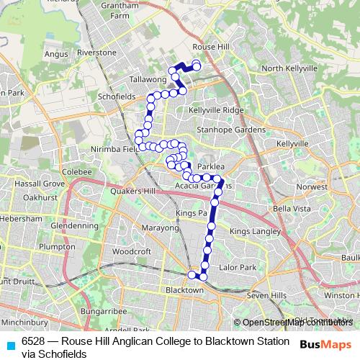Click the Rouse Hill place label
pyautogui.click(x=210, y=46)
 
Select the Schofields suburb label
pyautogui.click(x=116, y=95)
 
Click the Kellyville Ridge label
pyautogui.click(x=217, y=109)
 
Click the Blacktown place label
pyautogui.click(x=184, y=289)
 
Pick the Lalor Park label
pyautogui.click(x=238, y=267)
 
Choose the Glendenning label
pyautogui.click(x=69, y=225)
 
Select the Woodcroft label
pyautogui.click(x=131, y=251)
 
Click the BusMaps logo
pyautogui.click(x=326, y=346)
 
